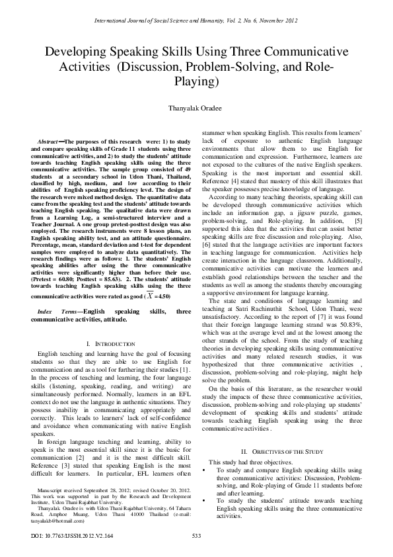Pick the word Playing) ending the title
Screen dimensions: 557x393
196,82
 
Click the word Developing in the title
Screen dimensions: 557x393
77,52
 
